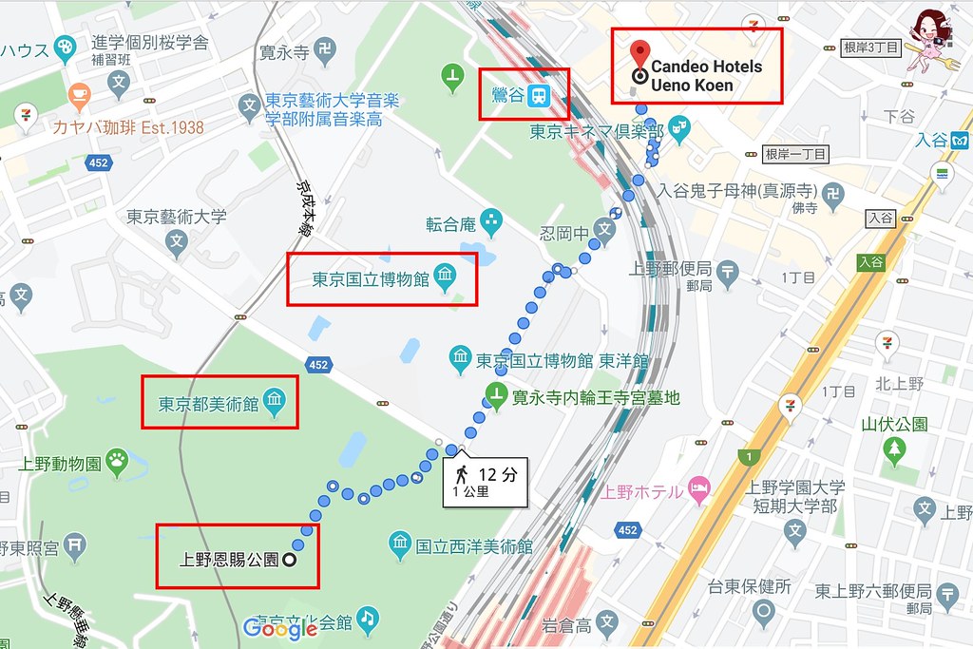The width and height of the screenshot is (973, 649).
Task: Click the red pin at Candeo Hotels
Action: (x=640, y=53)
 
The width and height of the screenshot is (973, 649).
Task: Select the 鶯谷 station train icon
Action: (x=539, y=95)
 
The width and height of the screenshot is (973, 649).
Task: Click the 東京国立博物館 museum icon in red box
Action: (x=445, y=277)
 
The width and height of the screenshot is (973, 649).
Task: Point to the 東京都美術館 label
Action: (x=208, y=403)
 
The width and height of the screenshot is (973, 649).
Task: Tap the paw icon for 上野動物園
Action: (x=118, y=463)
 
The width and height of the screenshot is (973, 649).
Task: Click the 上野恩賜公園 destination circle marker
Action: (x=289, y=560)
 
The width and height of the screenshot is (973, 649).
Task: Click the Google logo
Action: (x=279, y=628)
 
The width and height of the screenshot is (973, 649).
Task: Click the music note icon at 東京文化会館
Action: (x=368, y=619)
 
